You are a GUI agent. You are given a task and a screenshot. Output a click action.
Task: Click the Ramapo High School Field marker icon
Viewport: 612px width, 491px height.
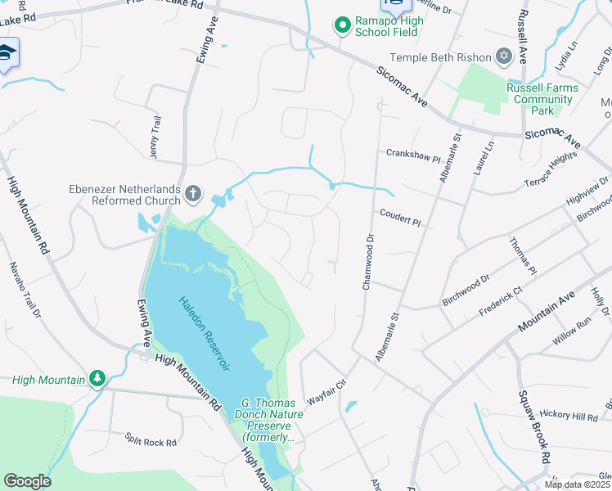[343, 26]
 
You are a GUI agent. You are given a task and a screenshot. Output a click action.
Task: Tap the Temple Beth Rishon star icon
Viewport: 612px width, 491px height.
[504, 56]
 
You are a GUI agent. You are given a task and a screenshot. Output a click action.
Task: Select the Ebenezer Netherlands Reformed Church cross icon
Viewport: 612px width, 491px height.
[192, 194]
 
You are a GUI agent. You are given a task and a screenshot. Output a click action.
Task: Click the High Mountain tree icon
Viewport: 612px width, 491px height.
[97, 379]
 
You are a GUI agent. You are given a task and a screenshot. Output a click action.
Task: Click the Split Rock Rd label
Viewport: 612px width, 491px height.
[151, 442]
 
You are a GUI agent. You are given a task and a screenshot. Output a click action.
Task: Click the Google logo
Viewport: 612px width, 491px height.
[27, 481]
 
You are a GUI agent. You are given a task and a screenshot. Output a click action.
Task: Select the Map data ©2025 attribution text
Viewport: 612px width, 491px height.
[577, 484]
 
